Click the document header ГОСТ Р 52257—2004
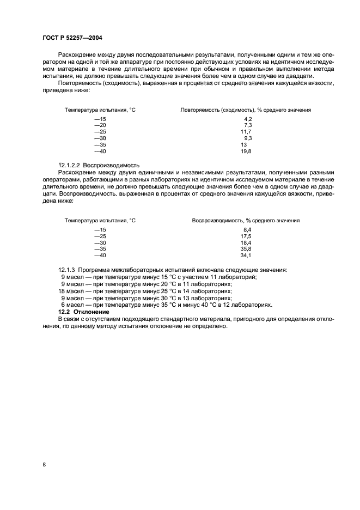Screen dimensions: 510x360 click(72, 38)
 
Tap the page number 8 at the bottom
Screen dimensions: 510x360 click(44, 464)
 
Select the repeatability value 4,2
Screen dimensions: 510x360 click(248, 119)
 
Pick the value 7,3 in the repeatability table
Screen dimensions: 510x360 click(248, 125)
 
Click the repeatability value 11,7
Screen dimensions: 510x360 click(246, 132)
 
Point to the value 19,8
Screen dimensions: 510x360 click(246, 151)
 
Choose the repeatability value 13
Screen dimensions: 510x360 click(244, 145)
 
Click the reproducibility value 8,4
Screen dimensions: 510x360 click(247, 229)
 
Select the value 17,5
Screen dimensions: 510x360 click(246, 236)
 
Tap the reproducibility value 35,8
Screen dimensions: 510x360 click(246, 249)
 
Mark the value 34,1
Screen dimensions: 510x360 click(246, 256)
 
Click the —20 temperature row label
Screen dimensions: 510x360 click(100, 125)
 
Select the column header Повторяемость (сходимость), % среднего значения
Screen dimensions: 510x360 click(246, 110)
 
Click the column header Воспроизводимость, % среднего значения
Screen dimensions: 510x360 click(246, 221)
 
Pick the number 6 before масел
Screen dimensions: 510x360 click(63, 305)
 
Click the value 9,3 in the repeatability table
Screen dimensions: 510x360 click(248, 138)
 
